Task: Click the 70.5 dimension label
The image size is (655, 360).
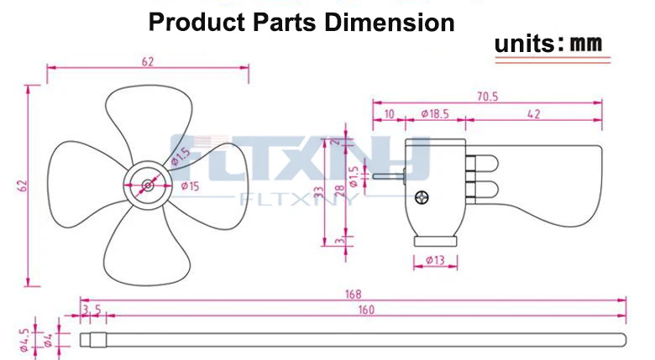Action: point(488,97)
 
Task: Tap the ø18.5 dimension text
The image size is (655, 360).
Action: point(435,113)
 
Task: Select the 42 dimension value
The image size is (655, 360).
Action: point(534,114)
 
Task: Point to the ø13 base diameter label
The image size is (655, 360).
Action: point(435,260)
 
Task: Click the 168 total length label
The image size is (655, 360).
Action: point(353,295)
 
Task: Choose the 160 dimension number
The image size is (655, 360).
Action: point(366,310)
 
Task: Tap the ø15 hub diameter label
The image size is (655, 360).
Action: point(190,186)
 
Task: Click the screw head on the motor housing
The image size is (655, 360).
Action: point(422,197)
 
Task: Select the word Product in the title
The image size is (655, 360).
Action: point(196,22)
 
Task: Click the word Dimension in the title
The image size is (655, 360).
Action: point(390,22)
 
